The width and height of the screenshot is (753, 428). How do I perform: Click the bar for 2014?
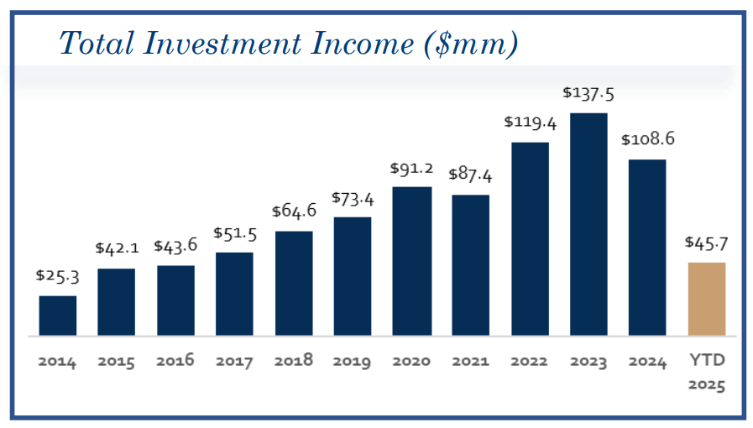58,316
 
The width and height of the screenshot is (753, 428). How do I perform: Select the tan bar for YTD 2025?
706,299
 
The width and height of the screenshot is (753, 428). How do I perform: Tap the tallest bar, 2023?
588,224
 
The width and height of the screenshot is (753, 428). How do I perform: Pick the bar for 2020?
411,261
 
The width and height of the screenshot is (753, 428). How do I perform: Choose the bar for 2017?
234,294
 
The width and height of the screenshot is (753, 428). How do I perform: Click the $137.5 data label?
588,93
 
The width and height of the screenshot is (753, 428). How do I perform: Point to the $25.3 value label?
57,275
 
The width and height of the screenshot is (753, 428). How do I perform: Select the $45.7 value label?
706,243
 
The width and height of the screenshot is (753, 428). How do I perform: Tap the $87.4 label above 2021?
470,176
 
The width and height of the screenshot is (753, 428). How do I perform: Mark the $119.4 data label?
531,123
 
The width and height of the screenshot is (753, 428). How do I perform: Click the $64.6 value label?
294,211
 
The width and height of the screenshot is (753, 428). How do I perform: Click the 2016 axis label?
175,361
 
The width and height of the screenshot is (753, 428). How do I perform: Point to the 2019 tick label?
352,362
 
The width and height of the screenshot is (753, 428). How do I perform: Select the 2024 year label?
647,362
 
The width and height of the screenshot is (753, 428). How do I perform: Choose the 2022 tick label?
530,362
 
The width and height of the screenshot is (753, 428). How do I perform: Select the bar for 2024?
647,248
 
